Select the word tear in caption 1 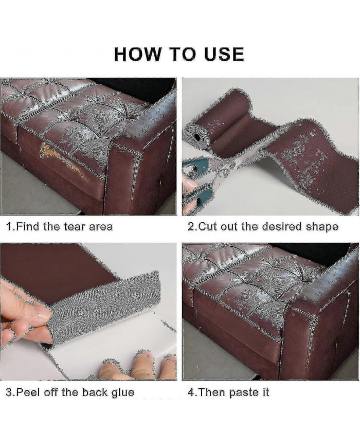tap(75, 227)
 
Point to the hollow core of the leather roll tap(196, 136)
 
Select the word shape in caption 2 tap(322, 227)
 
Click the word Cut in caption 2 tap(207, 227)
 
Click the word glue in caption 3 tap(122, 393)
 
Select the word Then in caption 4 tap(211, 392)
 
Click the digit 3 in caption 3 tap(9, 392)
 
